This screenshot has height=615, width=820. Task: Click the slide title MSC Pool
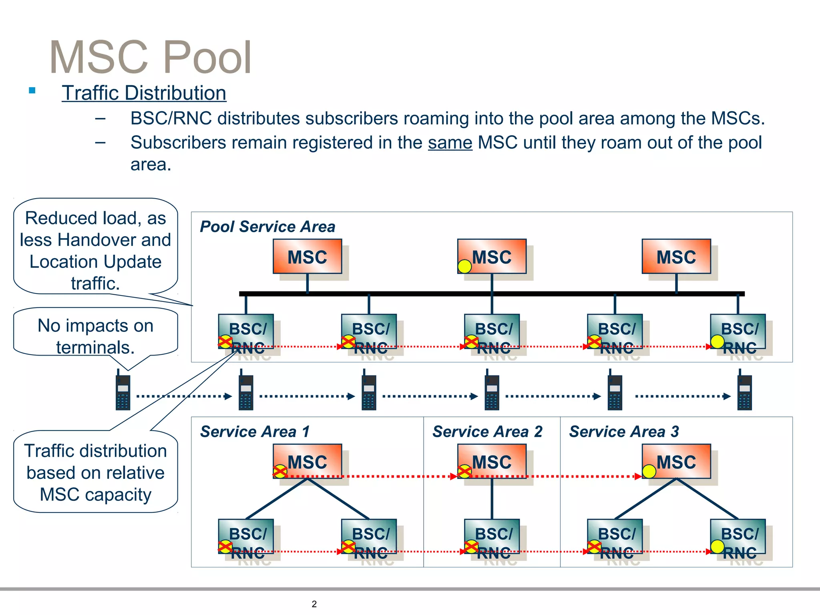(x=150, y=57)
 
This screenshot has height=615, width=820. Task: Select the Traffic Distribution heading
(x=144, y=93)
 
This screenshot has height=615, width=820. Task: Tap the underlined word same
(x=450, y=143)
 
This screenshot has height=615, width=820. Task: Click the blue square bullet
(x=32, y=90)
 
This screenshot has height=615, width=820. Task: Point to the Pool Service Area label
(x=267, y=227)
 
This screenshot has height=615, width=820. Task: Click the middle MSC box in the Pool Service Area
(x=492, y=257)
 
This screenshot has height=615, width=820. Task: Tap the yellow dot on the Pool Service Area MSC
(x=464, y=266)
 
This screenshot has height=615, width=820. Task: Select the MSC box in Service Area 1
(x=307, y=461)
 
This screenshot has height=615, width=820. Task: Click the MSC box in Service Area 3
(x=676, y=461)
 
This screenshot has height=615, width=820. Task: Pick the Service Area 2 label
(x=487, y=432)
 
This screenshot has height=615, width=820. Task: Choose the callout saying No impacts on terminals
(x=95, y=332)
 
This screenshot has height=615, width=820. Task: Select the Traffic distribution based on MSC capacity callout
(x=95, y=472)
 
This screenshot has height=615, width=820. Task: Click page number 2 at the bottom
(x=314, y=604)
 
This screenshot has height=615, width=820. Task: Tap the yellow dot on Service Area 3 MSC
(x=649, y=471)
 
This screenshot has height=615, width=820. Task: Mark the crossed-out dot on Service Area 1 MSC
(x=280, y=471)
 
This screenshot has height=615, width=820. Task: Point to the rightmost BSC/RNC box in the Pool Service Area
(x=738, y=332)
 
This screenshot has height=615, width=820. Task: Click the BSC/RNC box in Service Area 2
(x=492, y=537)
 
